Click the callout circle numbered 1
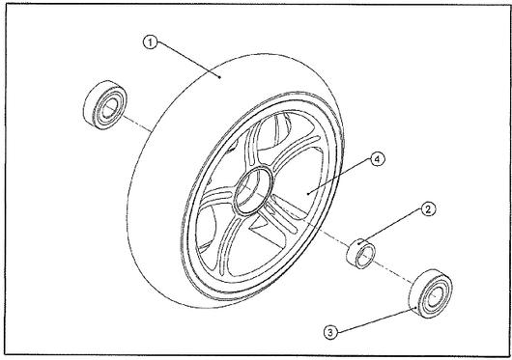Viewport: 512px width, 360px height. tap(150, 42)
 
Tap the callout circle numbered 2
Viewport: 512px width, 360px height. tap(428, 209)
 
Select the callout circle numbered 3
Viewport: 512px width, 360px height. tap(330, 333)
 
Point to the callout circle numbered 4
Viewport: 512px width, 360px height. tap(378, 159)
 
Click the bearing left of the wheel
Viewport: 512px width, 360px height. tap(105, 104)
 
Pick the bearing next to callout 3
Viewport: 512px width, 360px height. tap(431, 293)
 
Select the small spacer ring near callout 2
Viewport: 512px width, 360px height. tap(361, 254)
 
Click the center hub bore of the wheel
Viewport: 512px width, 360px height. tap(254, 190)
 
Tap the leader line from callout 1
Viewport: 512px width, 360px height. tap(187, 61)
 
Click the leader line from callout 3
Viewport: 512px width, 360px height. tap(376, 320)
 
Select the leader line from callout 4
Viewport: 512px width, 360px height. tap(341, 178)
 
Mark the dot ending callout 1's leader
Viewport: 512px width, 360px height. tap(219, 77)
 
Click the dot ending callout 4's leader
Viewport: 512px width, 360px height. tap(308, 194)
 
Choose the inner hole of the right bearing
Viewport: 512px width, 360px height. tap(434, 296)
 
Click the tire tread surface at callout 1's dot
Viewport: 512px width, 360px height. tap(219, 77)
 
